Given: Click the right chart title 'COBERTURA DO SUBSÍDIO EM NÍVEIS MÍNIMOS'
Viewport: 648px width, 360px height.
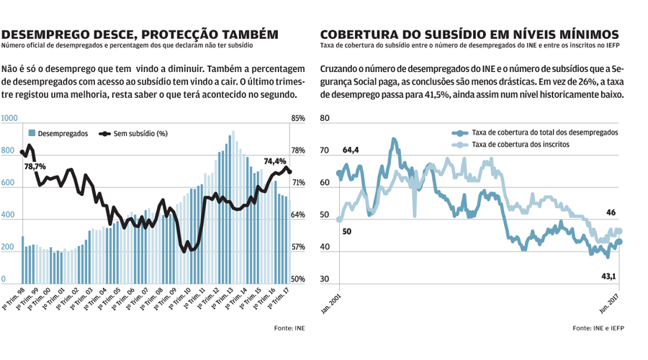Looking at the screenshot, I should (469, 34).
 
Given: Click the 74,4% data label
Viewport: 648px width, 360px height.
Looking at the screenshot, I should (276, 162).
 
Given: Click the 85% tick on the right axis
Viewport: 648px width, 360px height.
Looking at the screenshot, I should (298, 119).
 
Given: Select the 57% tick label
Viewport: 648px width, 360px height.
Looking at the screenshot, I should (298, 247).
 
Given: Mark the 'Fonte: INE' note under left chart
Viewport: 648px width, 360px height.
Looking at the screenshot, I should (289, 328).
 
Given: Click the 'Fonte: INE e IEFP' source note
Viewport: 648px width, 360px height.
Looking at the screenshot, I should (602, 328).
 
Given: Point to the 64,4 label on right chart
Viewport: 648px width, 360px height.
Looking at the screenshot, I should (351, 150).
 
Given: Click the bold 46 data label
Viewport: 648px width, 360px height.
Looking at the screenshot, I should (611, 213).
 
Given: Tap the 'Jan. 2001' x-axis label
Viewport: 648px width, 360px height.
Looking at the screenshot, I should (331, 302).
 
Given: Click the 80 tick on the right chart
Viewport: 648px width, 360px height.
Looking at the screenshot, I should (324, 118).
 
